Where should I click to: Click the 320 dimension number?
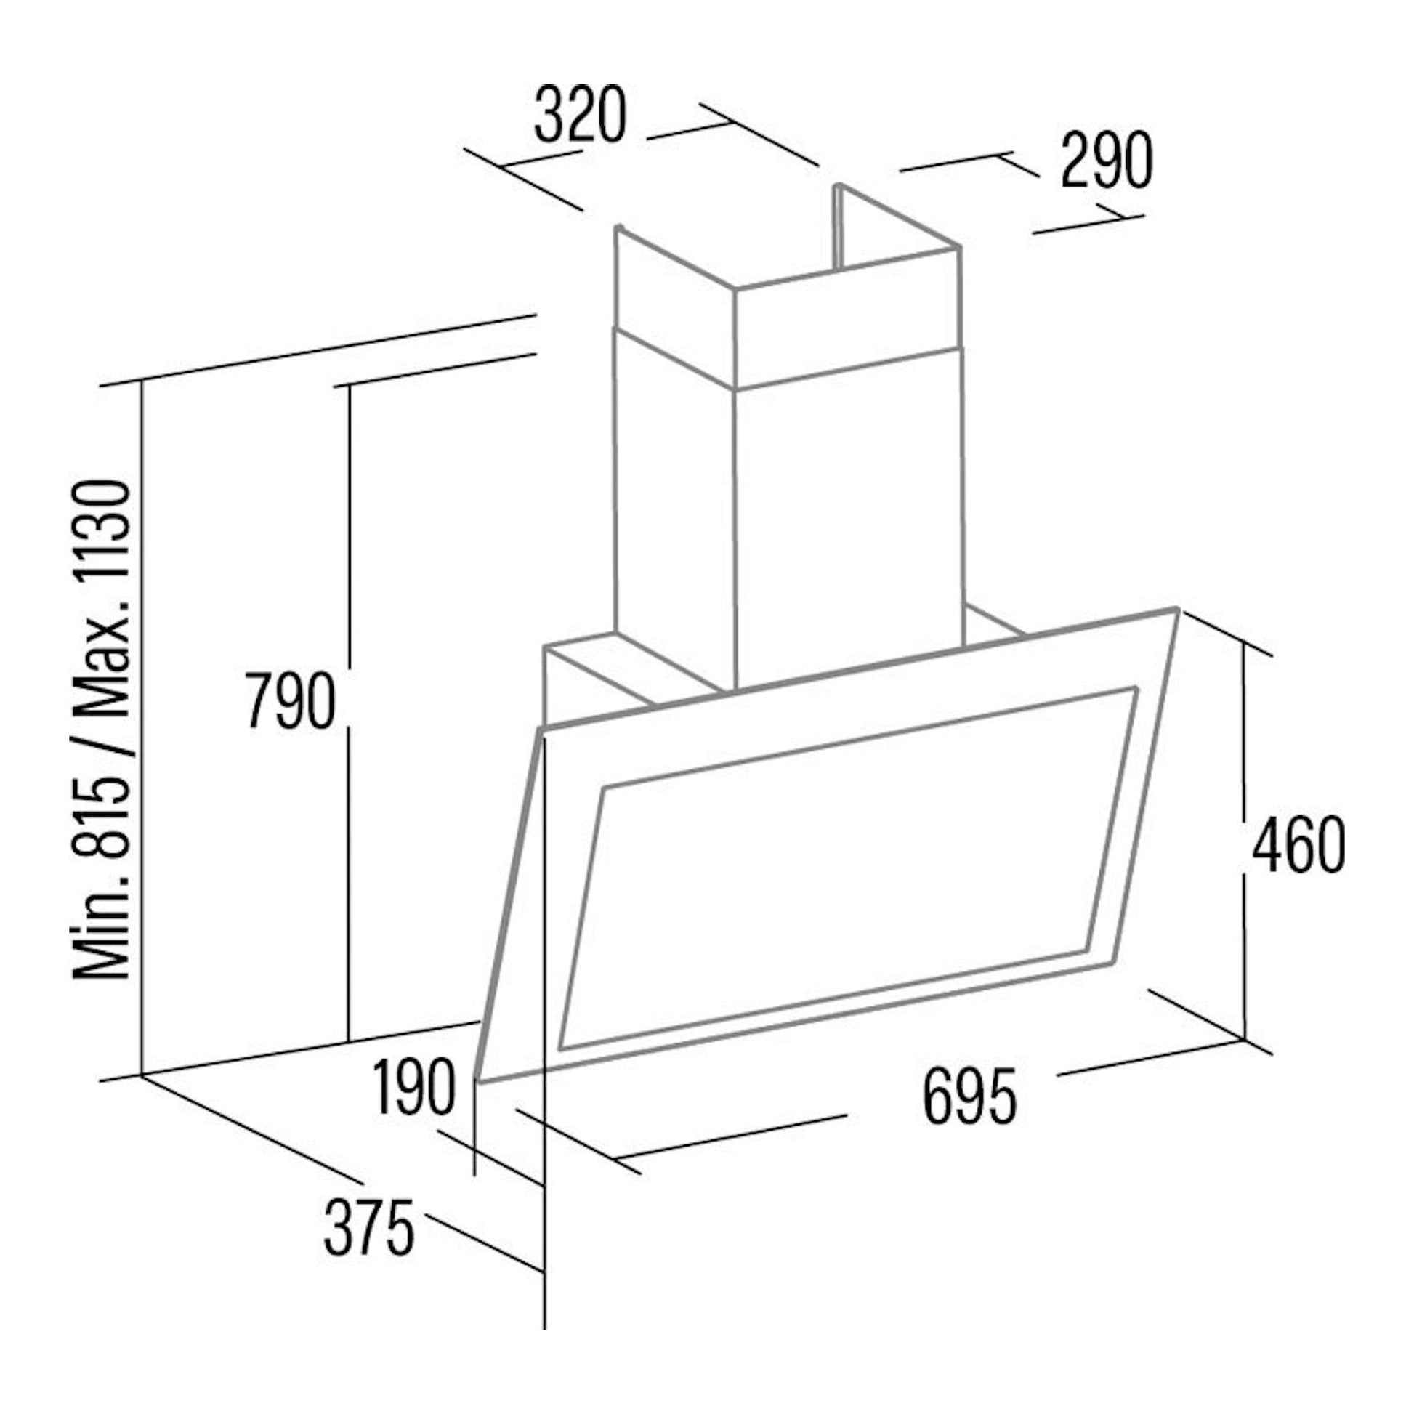coord(581,116)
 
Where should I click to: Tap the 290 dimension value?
coord(1107,161)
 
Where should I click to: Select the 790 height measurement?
coord(289,701)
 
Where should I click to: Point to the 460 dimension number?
coord(1298,845)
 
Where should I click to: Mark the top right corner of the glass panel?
coord(1176,608)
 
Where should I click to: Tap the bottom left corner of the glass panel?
coord(478,1080)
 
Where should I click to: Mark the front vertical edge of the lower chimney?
coord(734,539)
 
